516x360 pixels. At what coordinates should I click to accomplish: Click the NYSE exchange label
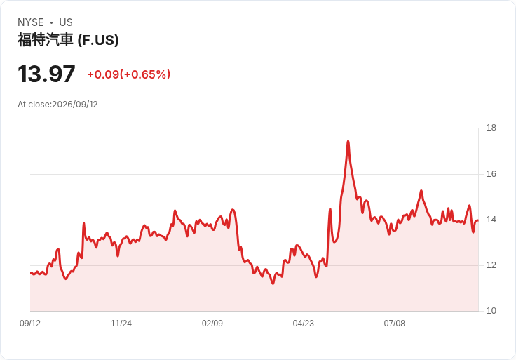31,22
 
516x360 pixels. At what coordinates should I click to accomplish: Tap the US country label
66,22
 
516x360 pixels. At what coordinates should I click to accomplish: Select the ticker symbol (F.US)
98,40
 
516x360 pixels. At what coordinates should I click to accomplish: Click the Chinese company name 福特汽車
45,40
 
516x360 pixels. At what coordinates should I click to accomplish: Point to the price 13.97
46,74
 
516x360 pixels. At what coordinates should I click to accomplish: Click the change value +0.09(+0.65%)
129,74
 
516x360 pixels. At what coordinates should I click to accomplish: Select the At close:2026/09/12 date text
57,105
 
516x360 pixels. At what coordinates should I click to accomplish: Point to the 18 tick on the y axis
491,128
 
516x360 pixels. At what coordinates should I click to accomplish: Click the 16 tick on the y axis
491,174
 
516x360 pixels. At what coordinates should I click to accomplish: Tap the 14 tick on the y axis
491,220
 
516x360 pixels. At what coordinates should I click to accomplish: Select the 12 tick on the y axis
491,265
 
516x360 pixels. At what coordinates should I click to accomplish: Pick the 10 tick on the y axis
491,311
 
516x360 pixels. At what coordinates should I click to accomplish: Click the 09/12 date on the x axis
30,324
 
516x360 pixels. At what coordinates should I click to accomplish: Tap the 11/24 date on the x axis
121,324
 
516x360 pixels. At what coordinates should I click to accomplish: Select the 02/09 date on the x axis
212,324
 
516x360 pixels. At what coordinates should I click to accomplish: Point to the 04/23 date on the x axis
304,324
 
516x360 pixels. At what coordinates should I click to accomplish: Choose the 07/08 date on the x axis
394,324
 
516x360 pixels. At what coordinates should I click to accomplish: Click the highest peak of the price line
348,141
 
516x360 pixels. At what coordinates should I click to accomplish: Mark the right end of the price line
478,220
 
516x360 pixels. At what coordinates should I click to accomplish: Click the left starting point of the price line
31,273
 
